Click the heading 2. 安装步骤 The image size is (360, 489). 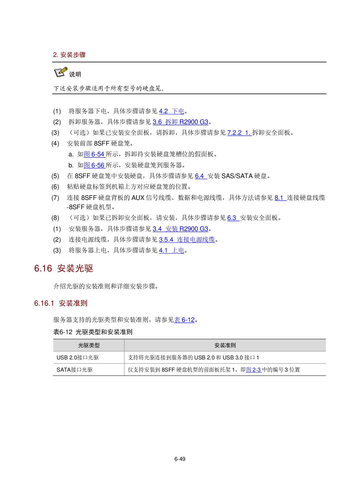click(69, 55)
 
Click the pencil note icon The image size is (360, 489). click(61, 72)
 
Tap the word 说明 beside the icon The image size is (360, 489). click(75, 74)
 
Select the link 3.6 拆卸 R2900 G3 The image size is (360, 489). click(180, 122)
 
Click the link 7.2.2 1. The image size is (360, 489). click(239, 133)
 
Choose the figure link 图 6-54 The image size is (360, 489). click(94, 154)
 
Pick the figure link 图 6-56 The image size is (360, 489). click(94, 165)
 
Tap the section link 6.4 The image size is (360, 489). click(201, 176)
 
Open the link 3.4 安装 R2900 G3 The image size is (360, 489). click(180, 229)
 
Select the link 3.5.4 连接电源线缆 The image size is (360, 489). click(187, 240)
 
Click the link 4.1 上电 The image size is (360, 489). click(172, 250)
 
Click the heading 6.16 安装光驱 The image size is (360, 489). click(64, 268)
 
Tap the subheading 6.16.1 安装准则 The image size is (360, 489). click(61, 303)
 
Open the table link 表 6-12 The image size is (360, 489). click(184, 320)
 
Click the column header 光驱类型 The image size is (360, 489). click(89, 345)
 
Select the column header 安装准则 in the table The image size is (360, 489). click(225, 345)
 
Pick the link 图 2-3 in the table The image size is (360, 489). click(253, 370)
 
